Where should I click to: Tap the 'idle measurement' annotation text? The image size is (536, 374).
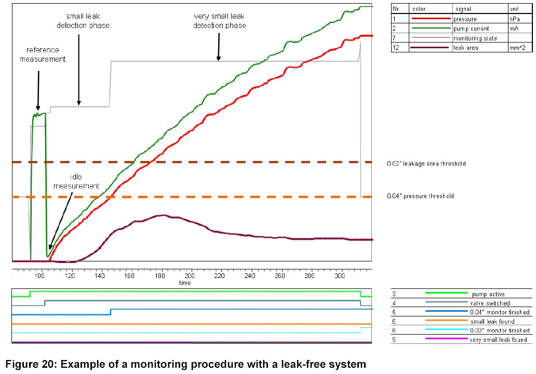coord(84,182)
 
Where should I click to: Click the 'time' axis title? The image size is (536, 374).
coord(185,283)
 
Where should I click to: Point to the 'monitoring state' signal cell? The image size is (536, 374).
coord(475,38)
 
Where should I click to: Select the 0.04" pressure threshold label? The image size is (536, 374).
coord(420,196)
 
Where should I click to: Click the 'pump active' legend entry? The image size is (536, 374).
coord(488,294)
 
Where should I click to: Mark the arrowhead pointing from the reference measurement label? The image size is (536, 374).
coord(38,107)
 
